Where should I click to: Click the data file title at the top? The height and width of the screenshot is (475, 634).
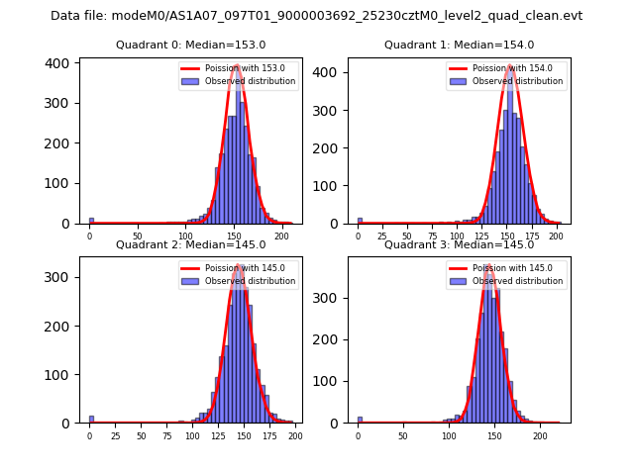tap(316, 16)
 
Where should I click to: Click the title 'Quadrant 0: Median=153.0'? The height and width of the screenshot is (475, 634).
tap(190, 45)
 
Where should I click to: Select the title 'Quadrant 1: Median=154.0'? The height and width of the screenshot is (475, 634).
tap(459, 45)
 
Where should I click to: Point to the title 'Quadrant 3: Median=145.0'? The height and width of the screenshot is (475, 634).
tap(459, 244)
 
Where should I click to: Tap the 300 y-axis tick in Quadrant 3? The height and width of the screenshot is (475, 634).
tap(330, 298)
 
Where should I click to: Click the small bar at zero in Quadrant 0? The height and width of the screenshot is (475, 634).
tap(91, 221)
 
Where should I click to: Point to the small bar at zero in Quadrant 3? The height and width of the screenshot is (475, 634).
tap(360, 420)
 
